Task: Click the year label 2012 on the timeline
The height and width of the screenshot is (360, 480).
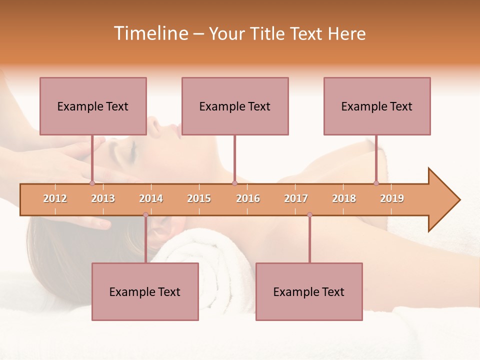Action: (x=55, y=198)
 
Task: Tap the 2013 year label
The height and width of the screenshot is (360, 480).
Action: (x=103, y=198)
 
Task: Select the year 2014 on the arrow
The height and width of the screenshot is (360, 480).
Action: (x=151, y=198)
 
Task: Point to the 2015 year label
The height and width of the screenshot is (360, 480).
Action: (x=199, y=198)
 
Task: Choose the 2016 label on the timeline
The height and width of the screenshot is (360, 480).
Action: (x=248, y=198)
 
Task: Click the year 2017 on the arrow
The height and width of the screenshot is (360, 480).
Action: (x=296, y=198)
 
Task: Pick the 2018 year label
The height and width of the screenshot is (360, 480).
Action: (x=344, y=198)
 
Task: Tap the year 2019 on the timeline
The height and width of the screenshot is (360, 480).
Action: (x=392, y=198)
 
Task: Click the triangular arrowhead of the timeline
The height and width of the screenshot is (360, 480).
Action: (x=443, y=200)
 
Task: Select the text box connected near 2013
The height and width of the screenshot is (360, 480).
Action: (x=93, y=106)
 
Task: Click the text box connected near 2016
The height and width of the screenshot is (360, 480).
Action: (x=235, y=106)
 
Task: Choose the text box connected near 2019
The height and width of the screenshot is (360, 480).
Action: (x=377, y=106)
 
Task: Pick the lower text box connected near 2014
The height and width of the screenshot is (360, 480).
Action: (x=145, y=291)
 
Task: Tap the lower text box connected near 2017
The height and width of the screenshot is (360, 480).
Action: (x=309, y=291)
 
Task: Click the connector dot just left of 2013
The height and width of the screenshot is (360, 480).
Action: (x=92, y=183)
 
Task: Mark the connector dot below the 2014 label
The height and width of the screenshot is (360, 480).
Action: (x=145, y=215)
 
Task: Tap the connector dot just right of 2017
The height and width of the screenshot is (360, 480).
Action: (x=309, y=215)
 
